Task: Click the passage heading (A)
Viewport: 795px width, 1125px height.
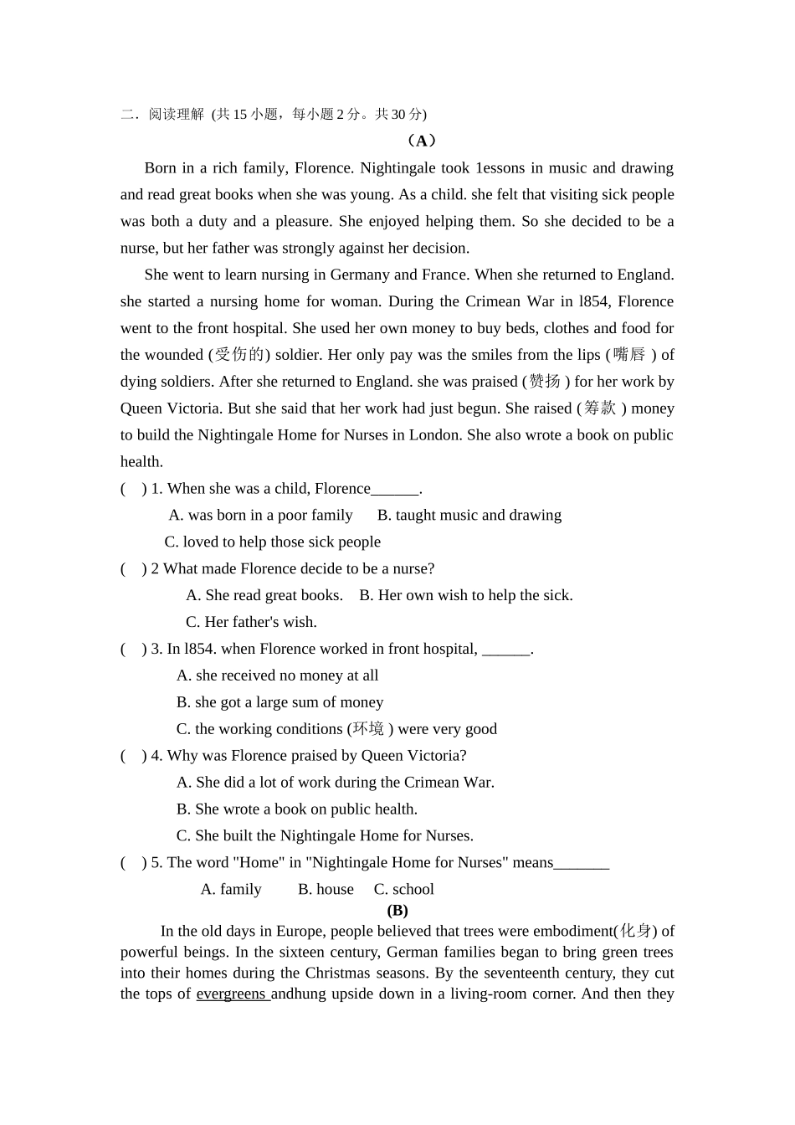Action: [x=421, y=141]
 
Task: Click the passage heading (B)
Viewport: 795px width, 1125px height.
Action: [x=397, y=911]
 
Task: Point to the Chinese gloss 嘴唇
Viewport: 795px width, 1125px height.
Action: [x=629, y=355]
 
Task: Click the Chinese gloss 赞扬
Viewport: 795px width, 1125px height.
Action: [x=546, y=382]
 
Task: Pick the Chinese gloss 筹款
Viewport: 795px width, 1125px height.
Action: [x=600, y=408]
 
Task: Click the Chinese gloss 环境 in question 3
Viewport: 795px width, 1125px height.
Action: [x=368, y=729]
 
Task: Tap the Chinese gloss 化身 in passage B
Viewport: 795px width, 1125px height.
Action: [x=636, y=932]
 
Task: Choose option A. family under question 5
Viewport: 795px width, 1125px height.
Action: [x=231, y=890]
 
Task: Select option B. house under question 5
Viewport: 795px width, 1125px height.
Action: [x=326, y=890]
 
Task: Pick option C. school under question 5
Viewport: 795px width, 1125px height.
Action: [x=404, y=890]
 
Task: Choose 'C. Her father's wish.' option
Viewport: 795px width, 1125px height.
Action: [x=251, y=622]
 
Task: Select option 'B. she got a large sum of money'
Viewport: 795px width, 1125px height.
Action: [x=280, y=702]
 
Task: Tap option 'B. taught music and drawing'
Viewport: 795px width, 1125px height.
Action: [x=469, y=516]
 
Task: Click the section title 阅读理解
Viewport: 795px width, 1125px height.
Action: [x=176, y=115]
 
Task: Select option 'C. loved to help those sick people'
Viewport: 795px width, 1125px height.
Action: [x=273, y=542]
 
